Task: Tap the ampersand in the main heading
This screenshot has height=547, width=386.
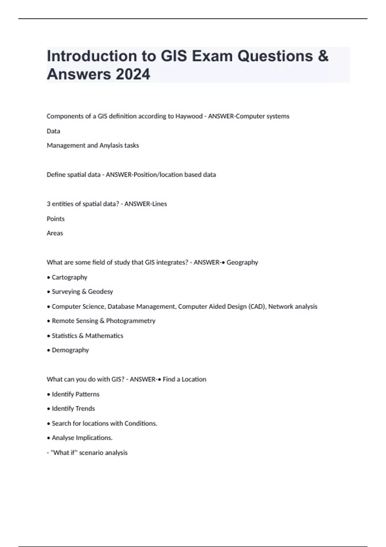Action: click(323, 56)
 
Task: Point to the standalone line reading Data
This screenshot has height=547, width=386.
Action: click(53, 131)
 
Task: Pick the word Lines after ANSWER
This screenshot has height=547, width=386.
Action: click(160, 204)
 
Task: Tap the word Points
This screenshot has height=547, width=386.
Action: click(56, 219)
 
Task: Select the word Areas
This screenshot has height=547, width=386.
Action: click(55, 233)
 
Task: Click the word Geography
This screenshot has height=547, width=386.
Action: click(242, 263)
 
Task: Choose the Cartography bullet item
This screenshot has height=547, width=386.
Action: click(69, 277)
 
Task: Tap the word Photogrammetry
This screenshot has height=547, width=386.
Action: click(131, 321)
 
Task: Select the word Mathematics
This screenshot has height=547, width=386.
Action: click(104, 336)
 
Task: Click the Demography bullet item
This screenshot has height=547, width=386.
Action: click(70, 350)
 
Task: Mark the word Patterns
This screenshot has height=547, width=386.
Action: click(87, 394)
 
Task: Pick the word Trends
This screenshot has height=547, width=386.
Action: click(85, 409)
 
